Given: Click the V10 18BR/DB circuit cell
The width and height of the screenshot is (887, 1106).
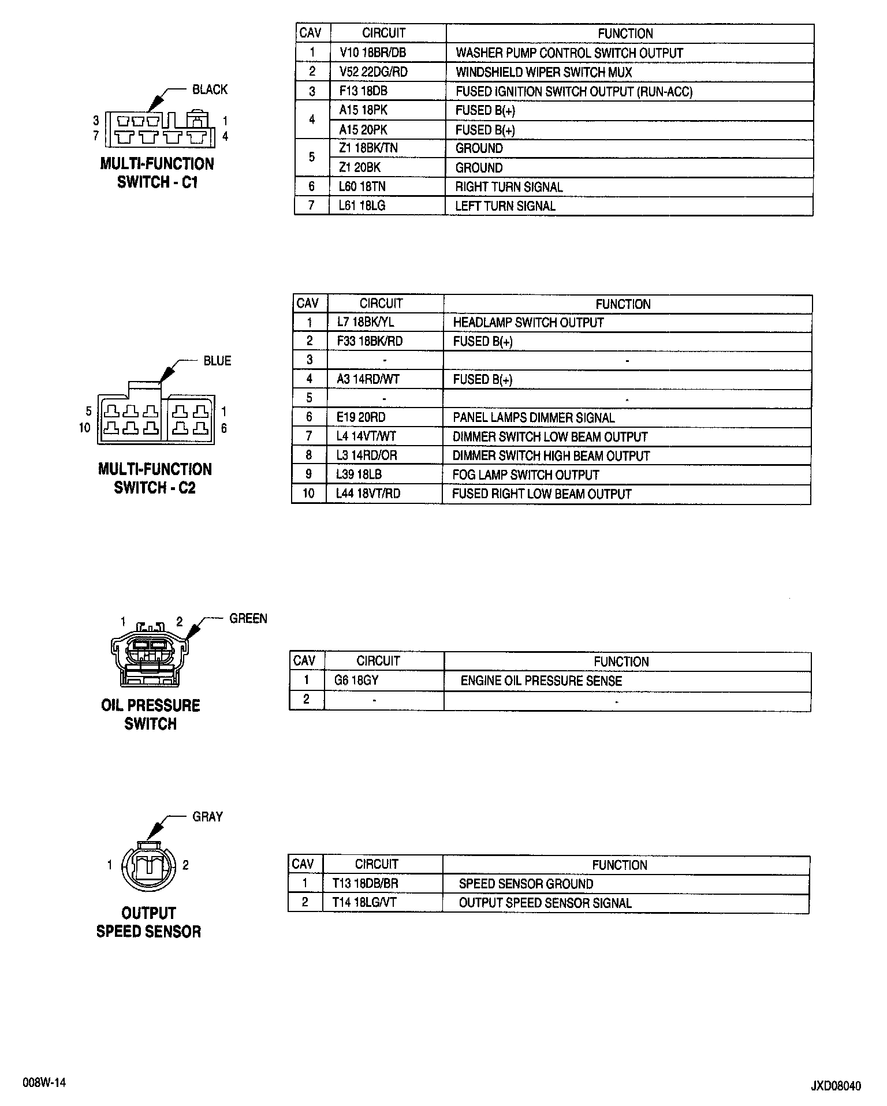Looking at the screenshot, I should [373, 53].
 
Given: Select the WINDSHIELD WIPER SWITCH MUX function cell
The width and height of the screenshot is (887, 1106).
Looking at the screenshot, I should [543, 72].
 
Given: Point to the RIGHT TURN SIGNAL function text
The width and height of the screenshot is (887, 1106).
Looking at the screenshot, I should [509, 187].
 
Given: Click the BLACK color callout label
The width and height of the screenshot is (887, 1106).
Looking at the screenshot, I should [210, 89].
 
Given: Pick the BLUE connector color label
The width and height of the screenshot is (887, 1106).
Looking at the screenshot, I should [217, 361].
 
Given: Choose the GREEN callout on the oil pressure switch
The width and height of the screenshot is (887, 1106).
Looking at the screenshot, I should [248, 619].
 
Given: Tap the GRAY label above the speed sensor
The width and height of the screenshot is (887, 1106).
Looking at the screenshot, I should [207, 817].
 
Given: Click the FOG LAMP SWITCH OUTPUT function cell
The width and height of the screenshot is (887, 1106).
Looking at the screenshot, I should [526, 475].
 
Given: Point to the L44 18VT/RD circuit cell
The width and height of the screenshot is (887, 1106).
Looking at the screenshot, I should [368, 494].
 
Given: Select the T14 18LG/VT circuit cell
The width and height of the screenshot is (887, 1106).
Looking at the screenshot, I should [364, 903].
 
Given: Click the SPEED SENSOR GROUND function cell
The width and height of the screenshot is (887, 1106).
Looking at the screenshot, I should [526, 884].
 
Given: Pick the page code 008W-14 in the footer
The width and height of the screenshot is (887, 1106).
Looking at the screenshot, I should [44, 1083].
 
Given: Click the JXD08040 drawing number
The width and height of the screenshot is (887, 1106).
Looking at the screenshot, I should [835, 1086].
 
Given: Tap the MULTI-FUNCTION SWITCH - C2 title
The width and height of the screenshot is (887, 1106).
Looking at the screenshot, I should [155, 479].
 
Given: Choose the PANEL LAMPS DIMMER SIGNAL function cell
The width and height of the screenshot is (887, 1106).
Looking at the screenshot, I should [534, 417].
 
